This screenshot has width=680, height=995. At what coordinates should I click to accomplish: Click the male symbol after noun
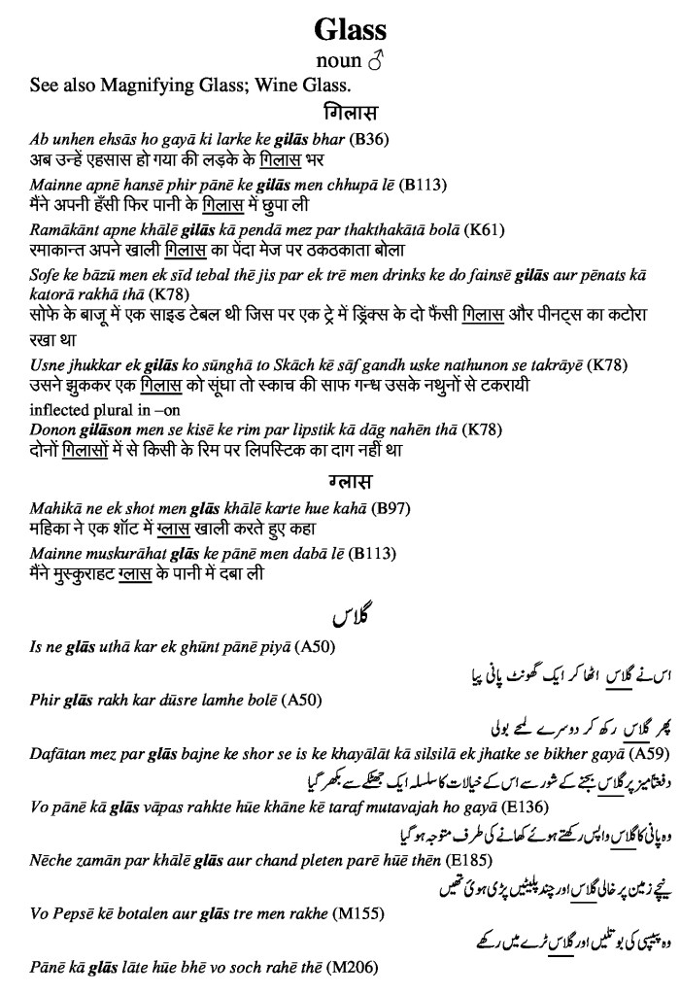pyautogui.click(x=376, y=63)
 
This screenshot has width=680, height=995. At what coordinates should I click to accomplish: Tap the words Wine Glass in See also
pyautogui.click(x=301, y=86)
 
